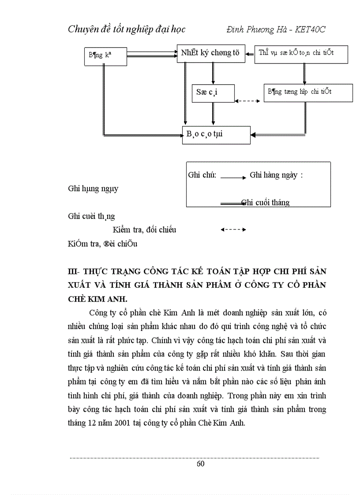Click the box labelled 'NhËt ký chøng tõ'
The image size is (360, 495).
tap(210, 53)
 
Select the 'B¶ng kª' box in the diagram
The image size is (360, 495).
tap(105, 56)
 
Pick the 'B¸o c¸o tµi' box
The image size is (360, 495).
tap(216, 134)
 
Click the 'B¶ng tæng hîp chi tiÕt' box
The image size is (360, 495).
tap(308, 93)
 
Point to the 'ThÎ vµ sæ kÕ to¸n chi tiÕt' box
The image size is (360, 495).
tap(301, 53)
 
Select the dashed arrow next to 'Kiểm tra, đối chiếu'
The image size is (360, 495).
tap(233, 230)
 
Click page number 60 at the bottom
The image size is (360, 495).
tap(200, 463)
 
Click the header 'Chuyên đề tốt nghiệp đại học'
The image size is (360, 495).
tap(127, 30)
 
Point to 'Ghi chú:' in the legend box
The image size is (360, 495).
tap(202, 175)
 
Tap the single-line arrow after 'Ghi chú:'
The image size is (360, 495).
tap(233, 177)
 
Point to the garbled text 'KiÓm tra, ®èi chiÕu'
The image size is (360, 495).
tap(103, 243)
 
